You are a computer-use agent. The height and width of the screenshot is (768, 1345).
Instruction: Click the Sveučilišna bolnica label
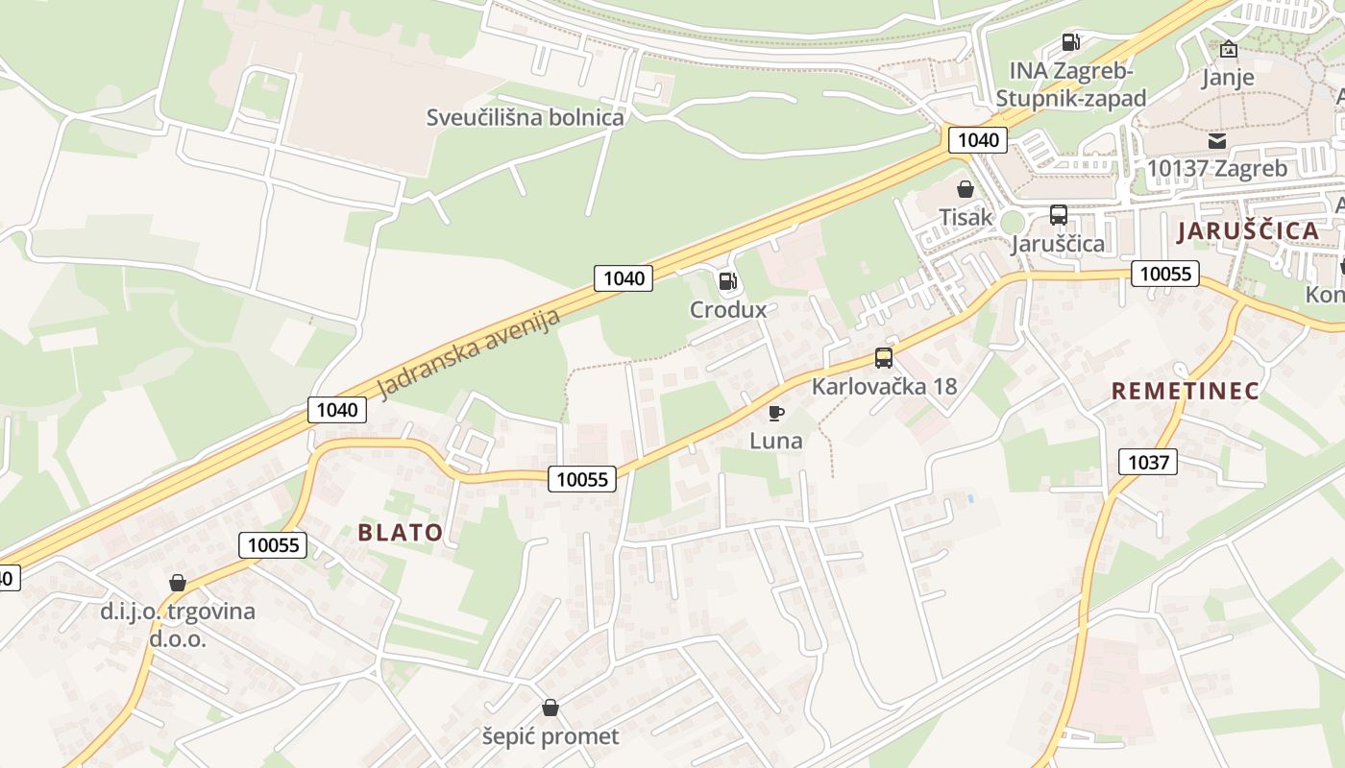click(x=525, y=117)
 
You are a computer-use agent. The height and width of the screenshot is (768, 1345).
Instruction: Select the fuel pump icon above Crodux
click(x=728, y=281)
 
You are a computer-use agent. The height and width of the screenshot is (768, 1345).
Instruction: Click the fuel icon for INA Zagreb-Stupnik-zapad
click(x=1070, y=42)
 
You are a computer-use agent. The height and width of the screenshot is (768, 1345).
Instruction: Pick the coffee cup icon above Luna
click(x=776, y=414)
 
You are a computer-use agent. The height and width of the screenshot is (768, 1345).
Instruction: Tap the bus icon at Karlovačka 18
click(x=884, y=358)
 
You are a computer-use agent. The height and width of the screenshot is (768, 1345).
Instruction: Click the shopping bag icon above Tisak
click(x=966, y=189)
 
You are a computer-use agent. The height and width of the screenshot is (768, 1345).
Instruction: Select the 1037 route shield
click(x=1148, y=462)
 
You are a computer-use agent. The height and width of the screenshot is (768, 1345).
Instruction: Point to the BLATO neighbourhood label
click(x=401, y=533)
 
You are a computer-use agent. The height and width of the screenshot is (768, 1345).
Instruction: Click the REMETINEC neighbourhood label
click(x=1186, y=391)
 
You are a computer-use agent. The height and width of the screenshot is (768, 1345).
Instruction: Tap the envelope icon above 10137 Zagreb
click(x=1217, y=141)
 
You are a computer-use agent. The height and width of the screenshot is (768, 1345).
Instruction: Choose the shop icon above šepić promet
click(x=550, y=708)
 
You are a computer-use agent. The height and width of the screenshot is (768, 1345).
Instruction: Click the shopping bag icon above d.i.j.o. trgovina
click(x=178, y=583)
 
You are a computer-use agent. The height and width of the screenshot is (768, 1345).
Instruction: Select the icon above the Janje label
click(x=1228, y=50)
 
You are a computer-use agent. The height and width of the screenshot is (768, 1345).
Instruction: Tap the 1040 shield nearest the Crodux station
click(x=624, y=278)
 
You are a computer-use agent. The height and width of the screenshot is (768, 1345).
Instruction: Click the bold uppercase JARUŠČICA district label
click(x=1248, y=230)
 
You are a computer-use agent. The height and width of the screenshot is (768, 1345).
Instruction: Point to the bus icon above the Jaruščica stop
click(x=1059, y=215)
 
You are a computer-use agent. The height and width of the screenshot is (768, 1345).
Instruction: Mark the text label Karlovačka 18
click(x=884, y=386)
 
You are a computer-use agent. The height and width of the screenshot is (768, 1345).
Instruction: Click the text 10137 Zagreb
click(x=1217, y=169)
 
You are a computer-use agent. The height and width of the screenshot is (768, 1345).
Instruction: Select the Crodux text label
click(x=728, y=309)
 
